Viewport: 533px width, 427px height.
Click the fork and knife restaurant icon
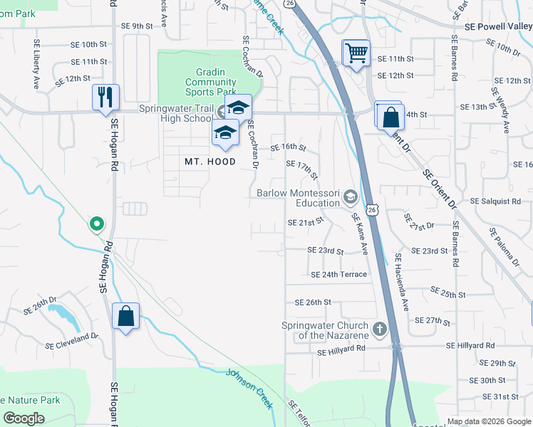105,97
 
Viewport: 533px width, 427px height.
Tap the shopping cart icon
356,52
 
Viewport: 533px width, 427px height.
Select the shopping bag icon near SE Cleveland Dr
125,317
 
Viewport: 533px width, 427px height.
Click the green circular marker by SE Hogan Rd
96,224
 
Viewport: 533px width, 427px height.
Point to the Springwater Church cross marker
380,329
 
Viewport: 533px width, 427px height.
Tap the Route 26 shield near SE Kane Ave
372,210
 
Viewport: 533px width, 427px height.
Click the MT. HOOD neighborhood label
210,162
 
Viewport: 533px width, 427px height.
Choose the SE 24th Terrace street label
338,275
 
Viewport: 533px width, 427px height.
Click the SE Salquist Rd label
495,201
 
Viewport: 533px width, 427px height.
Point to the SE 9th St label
137,26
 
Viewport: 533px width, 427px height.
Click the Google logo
25,418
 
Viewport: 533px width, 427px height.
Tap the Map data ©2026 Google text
487,421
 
